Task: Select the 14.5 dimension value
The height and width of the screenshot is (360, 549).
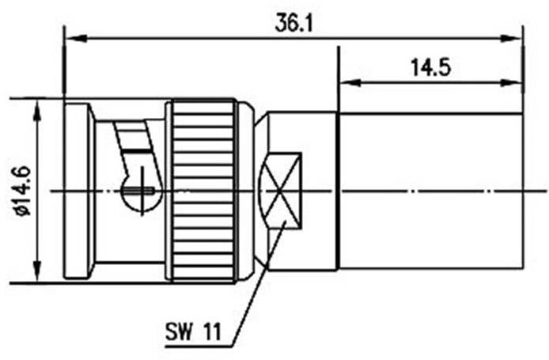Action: [x=430, y=68]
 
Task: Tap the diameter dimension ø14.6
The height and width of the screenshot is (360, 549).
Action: [x=21, y=191]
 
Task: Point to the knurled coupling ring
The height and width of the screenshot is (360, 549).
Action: [x=203, y=190]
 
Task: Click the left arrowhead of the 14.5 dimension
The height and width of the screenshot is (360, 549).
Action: [x=346, y=81]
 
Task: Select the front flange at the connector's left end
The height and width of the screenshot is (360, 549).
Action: [x=78, y=190]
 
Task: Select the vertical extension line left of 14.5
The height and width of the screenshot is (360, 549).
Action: [x=339, y=79]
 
